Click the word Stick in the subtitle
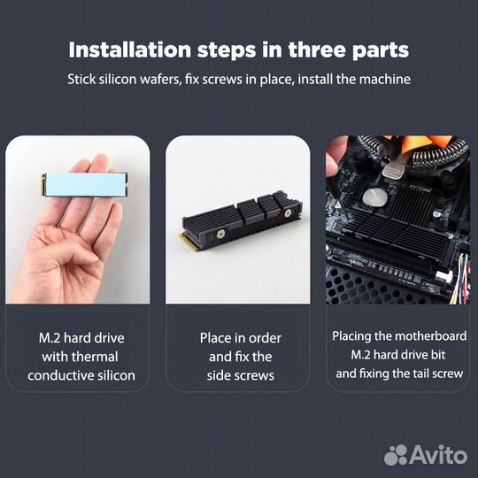(x=83, y=79)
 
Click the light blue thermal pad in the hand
(x=78, y=184)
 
